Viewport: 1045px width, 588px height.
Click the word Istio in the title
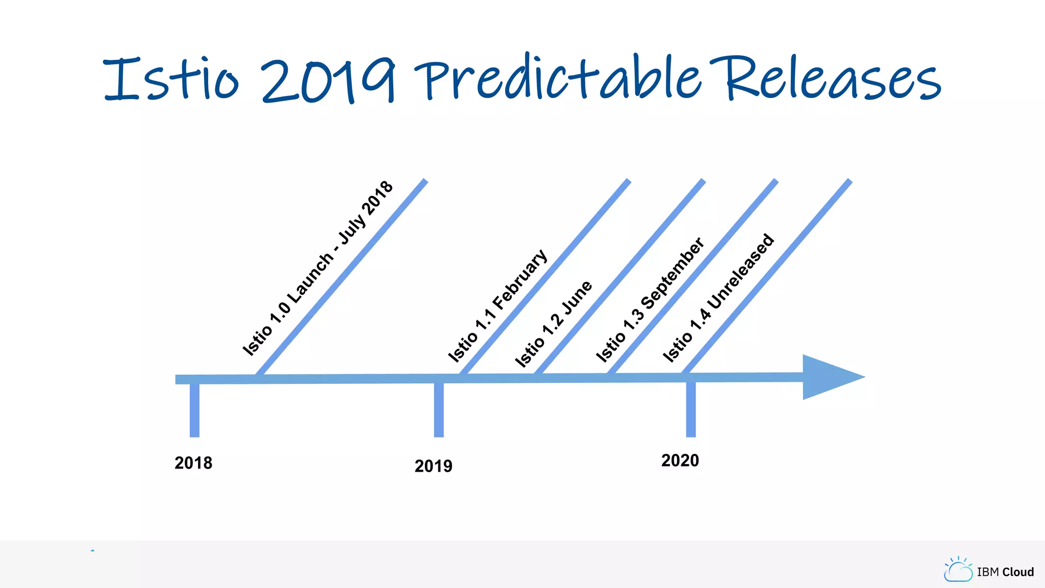click(x=171, y=79)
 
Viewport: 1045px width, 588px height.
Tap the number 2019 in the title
click(x=328, y=80)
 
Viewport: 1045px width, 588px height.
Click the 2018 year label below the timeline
click(x=193, y=463)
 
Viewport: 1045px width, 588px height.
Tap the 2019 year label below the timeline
click(x=433, y=466)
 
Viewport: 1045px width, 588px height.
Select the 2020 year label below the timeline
click(x=680, y=460)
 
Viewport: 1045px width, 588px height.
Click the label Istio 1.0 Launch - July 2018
click(x=317, y=268)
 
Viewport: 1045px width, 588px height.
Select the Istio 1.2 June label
click(x=553, y=324)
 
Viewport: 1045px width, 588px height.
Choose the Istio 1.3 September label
click(x=650, y=300)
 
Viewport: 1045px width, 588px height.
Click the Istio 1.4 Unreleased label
click(x=718, y=298)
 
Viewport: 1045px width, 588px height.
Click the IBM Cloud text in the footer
click(x=1005, y=572)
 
